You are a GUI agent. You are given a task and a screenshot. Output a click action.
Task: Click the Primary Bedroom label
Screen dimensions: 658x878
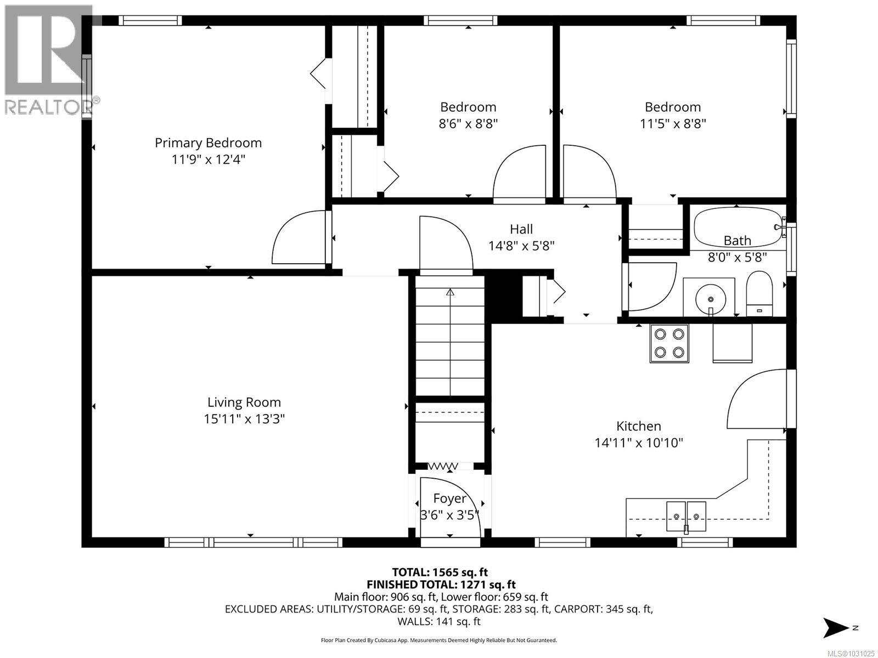pos(208,143)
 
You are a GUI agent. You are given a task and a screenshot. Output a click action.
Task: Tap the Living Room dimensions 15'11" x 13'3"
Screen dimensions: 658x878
pos(244,419)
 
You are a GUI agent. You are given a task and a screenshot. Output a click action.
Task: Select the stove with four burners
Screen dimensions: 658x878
pos(669,343)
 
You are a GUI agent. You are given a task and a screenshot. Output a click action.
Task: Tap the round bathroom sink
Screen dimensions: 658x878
pos(710,299)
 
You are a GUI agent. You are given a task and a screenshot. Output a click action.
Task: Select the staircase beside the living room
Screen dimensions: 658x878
pos(450,340)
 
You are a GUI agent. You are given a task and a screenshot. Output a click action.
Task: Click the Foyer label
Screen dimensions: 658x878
pos(449,498)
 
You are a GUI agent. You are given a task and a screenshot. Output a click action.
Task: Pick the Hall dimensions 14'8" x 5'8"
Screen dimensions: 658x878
pos(521,246)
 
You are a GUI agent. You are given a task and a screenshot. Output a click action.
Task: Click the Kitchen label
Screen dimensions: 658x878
pos(638,426)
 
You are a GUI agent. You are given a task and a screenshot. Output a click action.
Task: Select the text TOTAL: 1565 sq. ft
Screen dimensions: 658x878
pos(440,572)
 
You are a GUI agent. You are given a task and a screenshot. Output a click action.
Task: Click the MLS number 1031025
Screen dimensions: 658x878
pos(850,654)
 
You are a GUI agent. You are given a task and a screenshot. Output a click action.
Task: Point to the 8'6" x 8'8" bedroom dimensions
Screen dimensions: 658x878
pos(468,123)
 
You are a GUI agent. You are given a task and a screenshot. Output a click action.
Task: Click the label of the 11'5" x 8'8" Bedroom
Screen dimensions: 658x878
pos(672,107)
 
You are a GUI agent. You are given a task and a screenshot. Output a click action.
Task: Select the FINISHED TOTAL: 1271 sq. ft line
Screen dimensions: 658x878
pos(441,585)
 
